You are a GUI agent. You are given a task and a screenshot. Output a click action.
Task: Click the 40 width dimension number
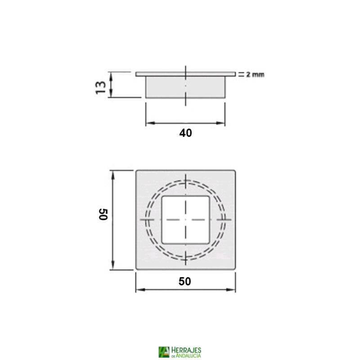point(185,134)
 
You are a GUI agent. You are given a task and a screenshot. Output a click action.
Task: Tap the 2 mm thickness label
point(255,75)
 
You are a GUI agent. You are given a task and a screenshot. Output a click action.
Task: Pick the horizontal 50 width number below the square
point(185,282)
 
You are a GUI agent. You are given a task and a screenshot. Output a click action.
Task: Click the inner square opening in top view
point(185,220)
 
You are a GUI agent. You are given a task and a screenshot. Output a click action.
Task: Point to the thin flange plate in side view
point(185,74)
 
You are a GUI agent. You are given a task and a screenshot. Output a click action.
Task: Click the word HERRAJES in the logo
point(186,350)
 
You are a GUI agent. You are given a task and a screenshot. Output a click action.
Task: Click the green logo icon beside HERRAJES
point(164,352)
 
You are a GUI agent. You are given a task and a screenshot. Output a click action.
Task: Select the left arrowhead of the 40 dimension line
point(148,122)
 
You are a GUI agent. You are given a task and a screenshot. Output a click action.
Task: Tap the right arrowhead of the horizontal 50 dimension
point(233,289)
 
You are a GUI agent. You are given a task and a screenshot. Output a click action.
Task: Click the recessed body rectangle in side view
point(185,86)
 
